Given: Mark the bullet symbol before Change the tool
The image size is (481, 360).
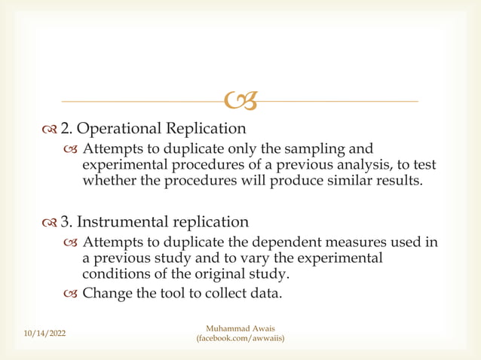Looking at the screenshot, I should click(71, 293).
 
